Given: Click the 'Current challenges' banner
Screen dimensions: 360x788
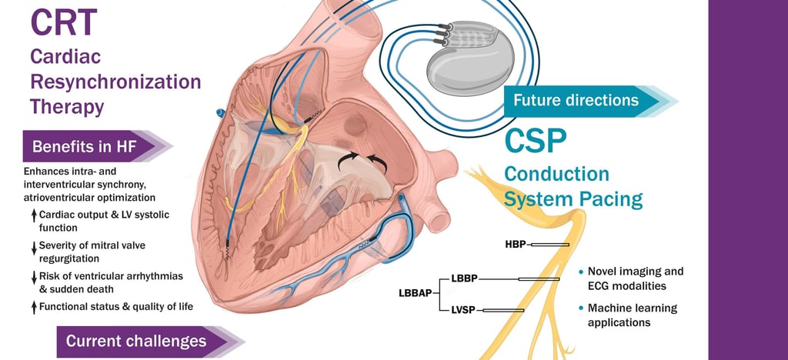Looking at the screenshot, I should coord(136,341).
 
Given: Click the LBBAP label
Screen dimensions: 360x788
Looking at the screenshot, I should coord(416,293).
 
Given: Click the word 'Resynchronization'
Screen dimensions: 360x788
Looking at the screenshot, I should coord(115,81).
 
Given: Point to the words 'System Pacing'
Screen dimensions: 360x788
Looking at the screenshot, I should coord(573,199).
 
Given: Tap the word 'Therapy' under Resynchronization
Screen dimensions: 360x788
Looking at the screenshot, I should coord(67,106).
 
